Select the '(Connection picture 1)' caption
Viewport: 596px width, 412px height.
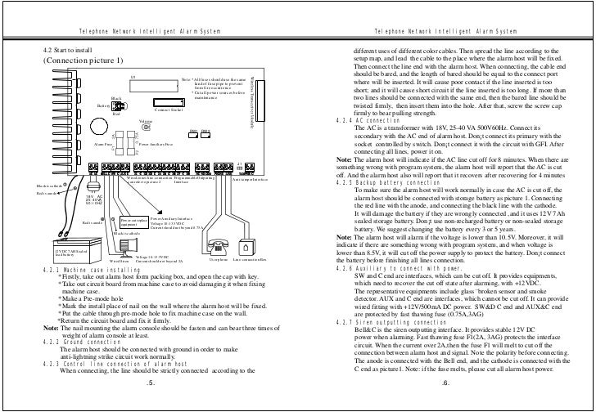point(82,61)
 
